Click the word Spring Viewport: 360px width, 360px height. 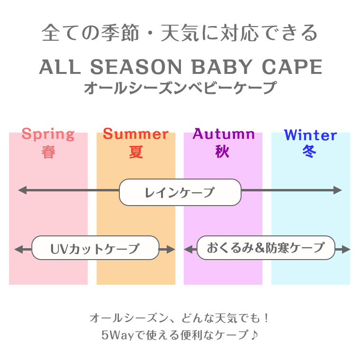pyautogui.click(x=48, y=135)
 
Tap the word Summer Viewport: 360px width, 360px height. pyautogui.click(x=135, y=134)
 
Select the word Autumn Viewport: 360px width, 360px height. pyautogui.click(x=224, y=134)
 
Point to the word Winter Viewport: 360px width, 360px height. pyautogui.click(x=310, y=135)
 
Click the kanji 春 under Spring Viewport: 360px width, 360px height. pyautogui.click(x=48, y=152)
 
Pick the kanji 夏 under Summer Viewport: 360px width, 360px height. pyautogui.click(x=136, y=152)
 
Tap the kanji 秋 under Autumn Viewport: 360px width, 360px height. pyautogui.click(x=222, y=152)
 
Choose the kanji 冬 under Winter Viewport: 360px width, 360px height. pyautogui.click(x=309, y=152)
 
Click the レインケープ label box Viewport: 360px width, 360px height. pyautogui.click(x=180, y=192)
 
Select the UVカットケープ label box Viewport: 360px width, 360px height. pyautogui.click(x=95, y=248)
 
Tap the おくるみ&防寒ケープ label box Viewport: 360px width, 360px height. pyautogui.click(x=266, y=248)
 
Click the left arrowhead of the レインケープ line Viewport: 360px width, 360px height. pyautogui.click(x=22, y=190)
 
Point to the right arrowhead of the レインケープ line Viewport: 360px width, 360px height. pyautogui.click(x=338, y=190)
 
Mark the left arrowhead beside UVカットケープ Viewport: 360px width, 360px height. pyautogui.click(x=18, y=249)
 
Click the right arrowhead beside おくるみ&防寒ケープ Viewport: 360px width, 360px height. pyautogui.click(x=346, y=249)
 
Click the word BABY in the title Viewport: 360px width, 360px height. pyautogui.click(x=222, y=67)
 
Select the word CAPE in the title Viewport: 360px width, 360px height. pyautogui.click(x=292, y=67)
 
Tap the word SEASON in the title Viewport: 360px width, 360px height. pyautogui.click(x=136, y=67)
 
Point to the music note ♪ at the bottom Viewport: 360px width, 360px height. pyautogui.click(x=254, y=335)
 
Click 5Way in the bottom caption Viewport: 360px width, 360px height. pyautogui.click(x=117, y=335)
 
